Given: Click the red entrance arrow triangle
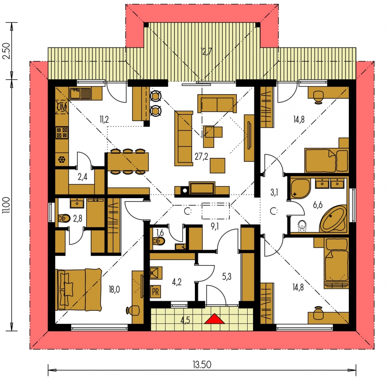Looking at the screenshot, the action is click(215, 319).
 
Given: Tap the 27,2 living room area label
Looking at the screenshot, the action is click(201, 157).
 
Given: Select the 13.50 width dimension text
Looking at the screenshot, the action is click(202, 365).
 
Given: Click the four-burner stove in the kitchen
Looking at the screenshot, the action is click(62, 132).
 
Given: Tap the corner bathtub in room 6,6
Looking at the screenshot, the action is click(333, 218).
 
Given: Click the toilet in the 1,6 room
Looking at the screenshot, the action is click(159, 240).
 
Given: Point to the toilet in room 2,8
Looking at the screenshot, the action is click(64, 218).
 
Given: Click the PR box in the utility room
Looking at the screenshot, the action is click(156, 292).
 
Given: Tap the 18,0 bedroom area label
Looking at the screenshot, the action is click(114, 289).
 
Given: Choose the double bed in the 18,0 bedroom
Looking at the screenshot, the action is click(79, 289).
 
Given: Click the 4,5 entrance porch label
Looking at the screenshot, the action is click(185, 320).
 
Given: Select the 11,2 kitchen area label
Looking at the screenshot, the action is click(104, 119).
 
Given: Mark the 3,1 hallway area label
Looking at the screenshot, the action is click(274, 192).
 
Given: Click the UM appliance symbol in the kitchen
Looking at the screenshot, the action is click(62, 107).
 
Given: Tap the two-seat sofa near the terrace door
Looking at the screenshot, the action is click(217, 103).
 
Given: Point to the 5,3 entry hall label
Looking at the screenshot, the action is click(227, 276).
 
